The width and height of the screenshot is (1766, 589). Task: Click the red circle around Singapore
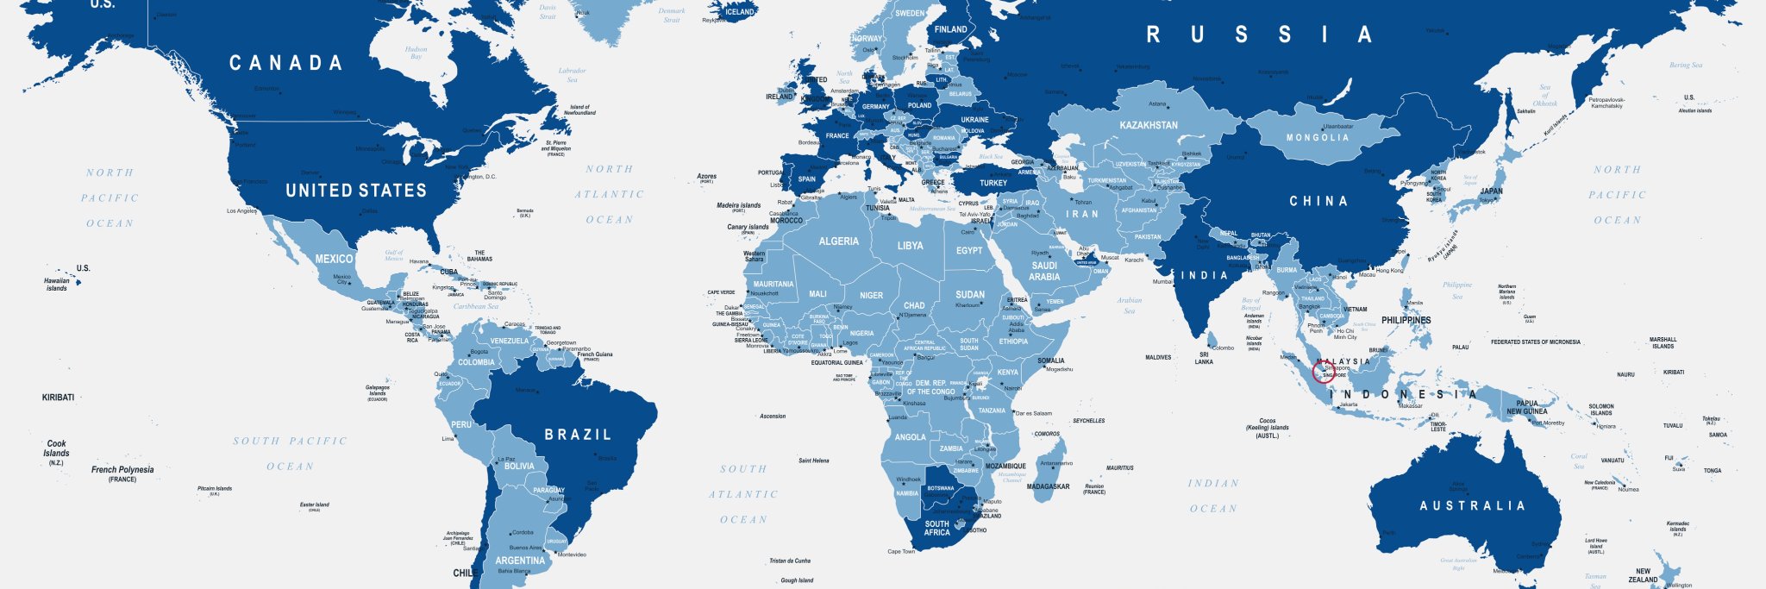1323,373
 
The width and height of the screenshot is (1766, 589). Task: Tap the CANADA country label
285,63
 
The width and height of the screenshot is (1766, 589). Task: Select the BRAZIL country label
578,435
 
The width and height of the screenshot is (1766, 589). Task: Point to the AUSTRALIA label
1472,505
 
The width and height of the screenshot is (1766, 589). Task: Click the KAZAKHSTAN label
1148,125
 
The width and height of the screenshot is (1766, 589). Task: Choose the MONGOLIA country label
1317,138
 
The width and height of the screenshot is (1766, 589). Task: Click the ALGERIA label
838,241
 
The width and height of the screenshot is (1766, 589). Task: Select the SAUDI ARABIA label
1043,271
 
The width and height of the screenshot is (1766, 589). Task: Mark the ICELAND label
739,12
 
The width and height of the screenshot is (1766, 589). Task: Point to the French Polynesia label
122,470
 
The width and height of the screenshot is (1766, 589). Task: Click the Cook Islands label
56,448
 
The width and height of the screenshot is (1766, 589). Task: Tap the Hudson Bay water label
416,53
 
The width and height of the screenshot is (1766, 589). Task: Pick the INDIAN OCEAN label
1213,496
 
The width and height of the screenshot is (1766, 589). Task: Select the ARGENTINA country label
520,561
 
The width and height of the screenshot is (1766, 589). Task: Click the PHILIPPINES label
1406,320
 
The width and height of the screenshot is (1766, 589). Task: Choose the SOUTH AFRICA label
936,528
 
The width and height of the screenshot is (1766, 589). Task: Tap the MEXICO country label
334,259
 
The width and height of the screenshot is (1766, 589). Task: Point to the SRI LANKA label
1204,358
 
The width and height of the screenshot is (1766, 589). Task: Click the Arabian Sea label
1129,305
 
